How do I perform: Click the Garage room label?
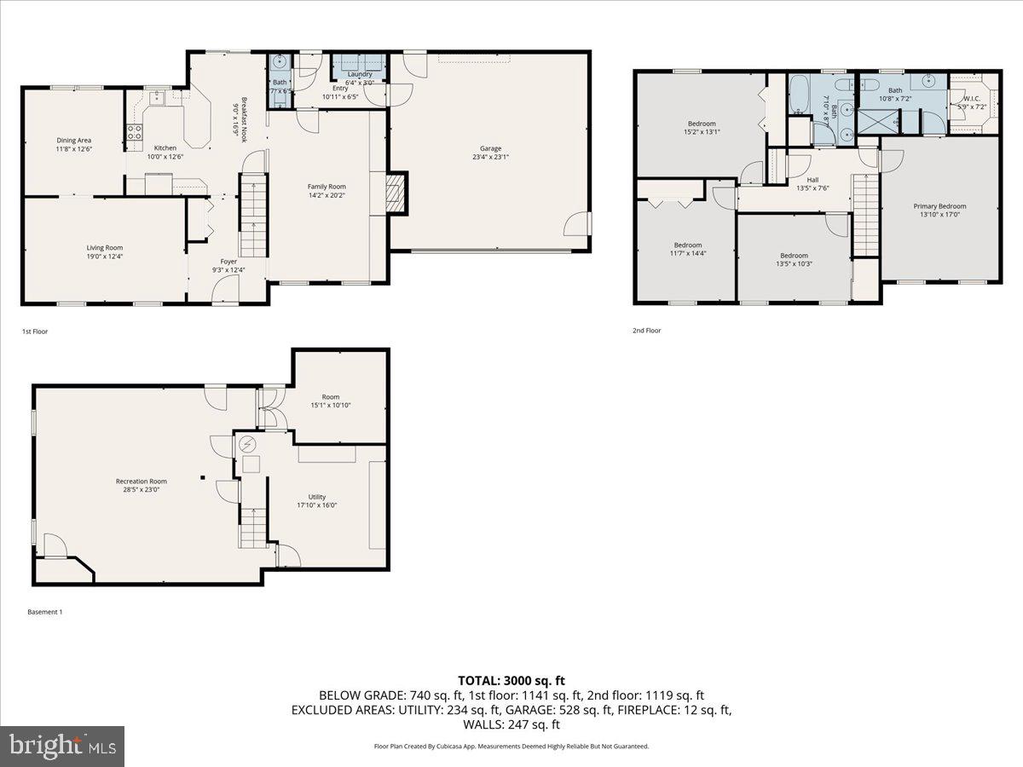(489, 148)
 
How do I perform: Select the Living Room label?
(105, 248)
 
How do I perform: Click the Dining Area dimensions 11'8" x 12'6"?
(74, 148)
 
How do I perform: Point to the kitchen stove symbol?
(134, 132)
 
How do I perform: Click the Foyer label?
(228, 262)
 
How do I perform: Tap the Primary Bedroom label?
(939, 206)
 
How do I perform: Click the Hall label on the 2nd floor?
(812, 180)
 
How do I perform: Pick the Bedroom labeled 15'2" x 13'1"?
(702, 124)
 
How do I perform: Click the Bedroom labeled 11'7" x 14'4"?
(687, 245)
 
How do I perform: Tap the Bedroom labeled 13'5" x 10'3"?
(794, 256)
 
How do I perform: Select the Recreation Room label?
(142, 482)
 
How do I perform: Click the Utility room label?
(317, 497)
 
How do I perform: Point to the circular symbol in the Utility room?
(248, 442)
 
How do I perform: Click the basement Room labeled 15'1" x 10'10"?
(331, 397)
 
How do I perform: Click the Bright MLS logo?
(62, 747)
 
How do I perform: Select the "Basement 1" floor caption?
(45, 612)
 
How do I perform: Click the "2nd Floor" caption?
(647, 331)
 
